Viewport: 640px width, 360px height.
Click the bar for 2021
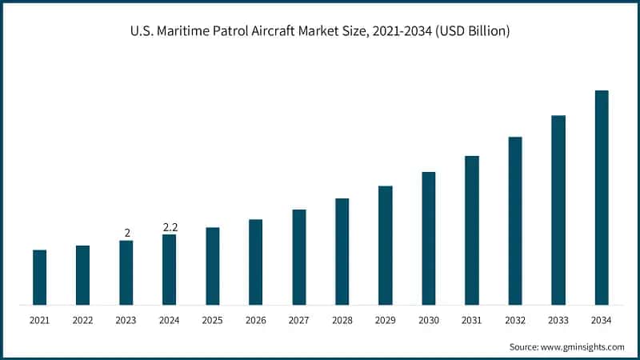(39, 278)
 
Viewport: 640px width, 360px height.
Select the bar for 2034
(602, 198)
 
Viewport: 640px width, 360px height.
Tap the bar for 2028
(342, 252)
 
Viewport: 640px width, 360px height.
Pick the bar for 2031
(472, 230)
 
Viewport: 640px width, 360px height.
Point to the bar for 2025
(212, 266)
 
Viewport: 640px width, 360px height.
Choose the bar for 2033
(558, 210)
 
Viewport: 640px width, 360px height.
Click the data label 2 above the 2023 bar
(126, 233)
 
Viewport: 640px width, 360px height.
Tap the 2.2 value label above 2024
(170, 227)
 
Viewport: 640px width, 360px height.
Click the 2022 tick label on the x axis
(82, 321)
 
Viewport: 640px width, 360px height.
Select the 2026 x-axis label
(255, 321)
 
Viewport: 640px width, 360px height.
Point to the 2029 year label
(386, 321)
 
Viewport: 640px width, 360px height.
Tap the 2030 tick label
(429, 321)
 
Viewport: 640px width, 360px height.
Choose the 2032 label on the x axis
(515, 321)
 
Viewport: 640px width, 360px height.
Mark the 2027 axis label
(298, 321)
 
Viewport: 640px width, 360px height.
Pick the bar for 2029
(386, 246)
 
